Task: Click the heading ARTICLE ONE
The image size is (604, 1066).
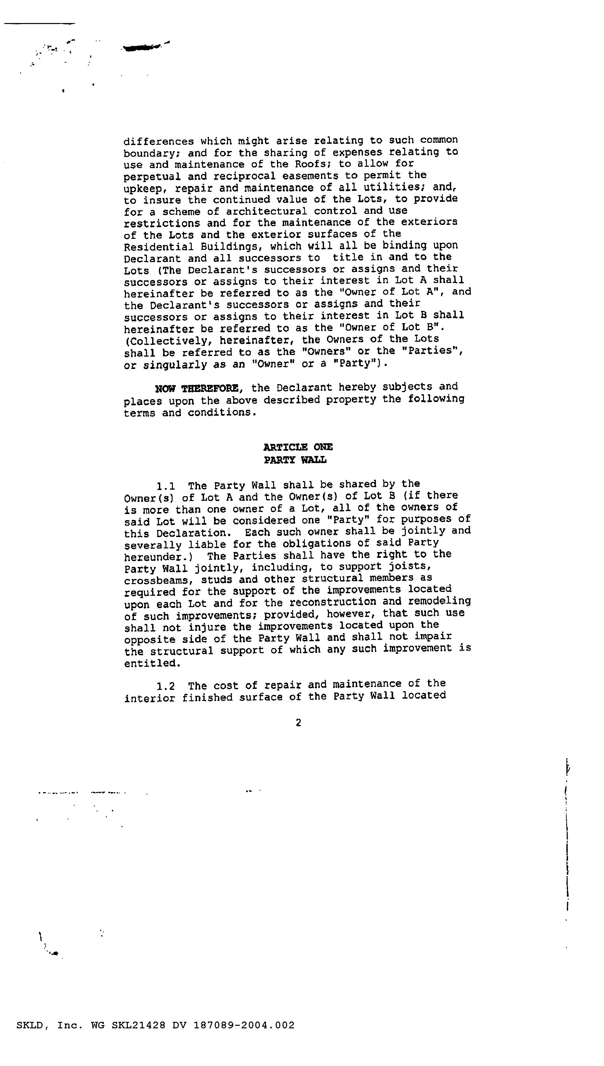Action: pos(298,447)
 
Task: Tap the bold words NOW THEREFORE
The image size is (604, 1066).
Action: pos(197,389)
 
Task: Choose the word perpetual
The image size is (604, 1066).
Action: pos(152,176)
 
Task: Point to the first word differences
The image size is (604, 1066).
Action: pos(159,141)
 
